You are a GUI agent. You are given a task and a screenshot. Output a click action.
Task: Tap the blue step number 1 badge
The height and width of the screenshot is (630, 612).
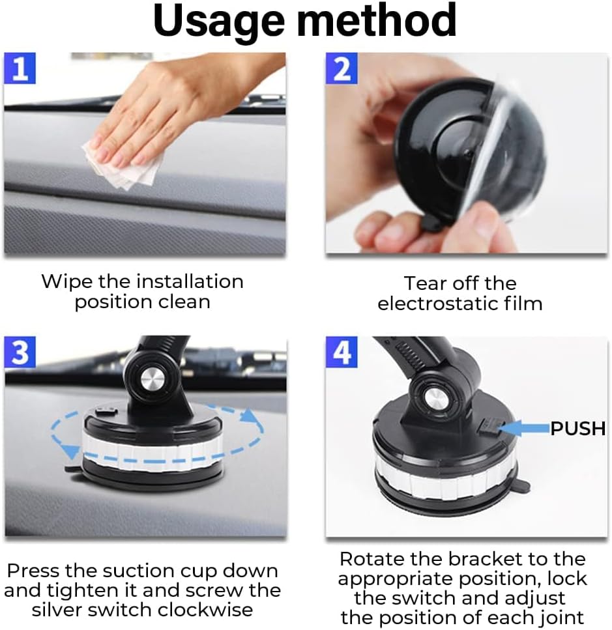20,68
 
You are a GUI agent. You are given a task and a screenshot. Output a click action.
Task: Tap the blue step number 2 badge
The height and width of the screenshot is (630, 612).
342,69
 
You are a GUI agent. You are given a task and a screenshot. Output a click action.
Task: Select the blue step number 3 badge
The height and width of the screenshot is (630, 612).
20,352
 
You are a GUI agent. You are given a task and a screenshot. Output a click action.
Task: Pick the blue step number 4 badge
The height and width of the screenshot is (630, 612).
342,352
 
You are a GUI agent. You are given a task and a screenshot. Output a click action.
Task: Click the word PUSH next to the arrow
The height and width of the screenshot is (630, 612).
578,429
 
